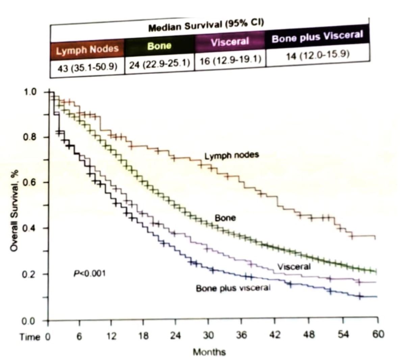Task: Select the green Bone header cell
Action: pyautogui.click(x=159, y=46)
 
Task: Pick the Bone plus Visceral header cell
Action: pyautogui.click(x=317, y=37)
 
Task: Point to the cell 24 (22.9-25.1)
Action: pyautogui.click(x=159, y=64)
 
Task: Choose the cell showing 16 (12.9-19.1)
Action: pyautogui.click(x=230, y=59)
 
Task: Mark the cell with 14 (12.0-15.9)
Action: pyautogui.click(x=317, y=55)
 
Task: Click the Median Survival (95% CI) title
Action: pyautogui.click(x=206, y=25)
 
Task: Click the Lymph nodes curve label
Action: pyautogui.click(x=232, y=155)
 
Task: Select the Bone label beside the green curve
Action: pyautogui.click(x=225, y=218)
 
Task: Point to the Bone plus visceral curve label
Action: pyautogui.click(x=233, y=288)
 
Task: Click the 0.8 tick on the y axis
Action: pyautogui.click(x=30, y=138)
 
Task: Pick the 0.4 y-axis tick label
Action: pyautogui.click(x=30, y=228)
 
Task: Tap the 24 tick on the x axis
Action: pyautogui.click(x=175, y=336)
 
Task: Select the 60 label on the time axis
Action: pyautogui.click(x=378, y=335)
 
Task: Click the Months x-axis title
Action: pyautogui.click(x=209, y=352)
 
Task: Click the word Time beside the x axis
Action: pyautogui.click(x=30, y=337)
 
